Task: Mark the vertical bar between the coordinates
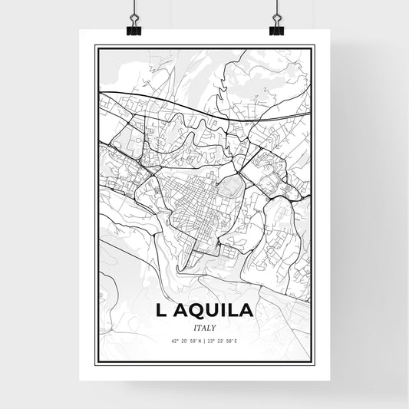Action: (x=205, y=341)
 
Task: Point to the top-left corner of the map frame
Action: (x=95, y=46)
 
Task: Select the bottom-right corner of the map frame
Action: (x=314, y=364)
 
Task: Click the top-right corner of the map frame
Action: (x=314, y=46)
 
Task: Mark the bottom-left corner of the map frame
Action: (x=95, y=364)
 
